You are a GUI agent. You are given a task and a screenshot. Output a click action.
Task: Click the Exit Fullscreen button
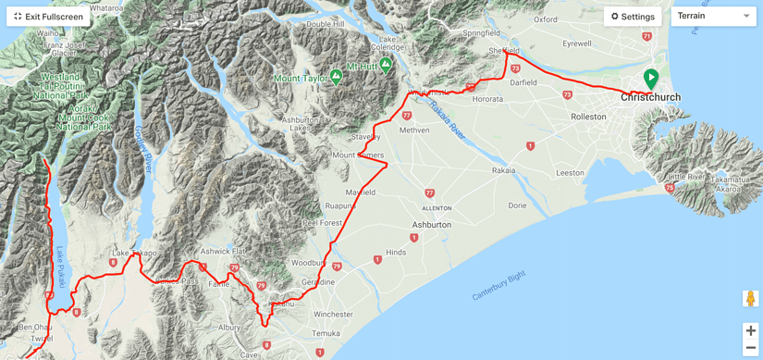(x=48, y=17)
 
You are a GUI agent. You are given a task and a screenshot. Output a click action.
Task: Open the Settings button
(x=633, y=17)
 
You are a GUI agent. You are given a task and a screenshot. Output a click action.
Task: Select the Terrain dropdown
(x=713, y=16)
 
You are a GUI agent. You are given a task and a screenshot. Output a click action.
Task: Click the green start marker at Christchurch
(x=651, y=79)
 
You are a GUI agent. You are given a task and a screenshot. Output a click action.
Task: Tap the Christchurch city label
(x=650, y=97)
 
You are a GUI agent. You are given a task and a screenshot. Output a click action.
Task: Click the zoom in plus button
(x=750, y=330)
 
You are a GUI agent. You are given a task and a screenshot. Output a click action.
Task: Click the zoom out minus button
(x=750, y=348)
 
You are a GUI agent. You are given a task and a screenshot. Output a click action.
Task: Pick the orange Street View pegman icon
(x=750, y=299)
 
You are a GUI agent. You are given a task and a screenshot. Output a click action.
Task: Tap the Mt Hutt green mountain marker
(x=386, y=65)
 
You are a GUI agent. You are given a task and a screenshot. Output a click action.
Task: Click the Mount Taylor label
(x=301, y=79)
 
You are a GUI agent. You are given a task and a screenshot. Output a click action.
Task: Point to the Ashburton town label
(x=431, y=225)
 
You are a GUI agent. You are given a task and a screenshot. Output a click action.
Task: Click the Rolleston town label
(x=588, y=117)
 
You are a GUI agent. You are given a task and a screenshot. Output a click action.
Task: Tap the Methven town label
(x=414, y=130)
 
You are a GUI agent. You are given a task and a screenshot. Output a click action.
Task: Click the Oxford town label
(x=546, y=19)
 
